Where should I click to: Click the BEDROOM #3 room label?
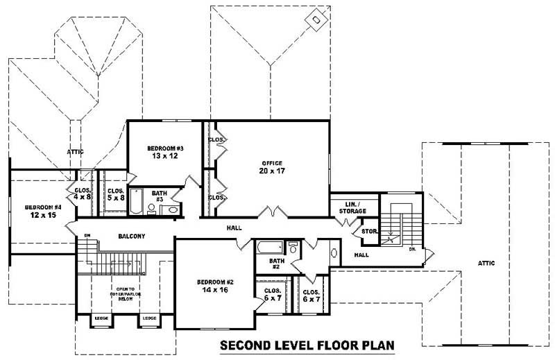coord(164,148)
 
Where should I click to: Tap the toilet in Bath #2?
coord(293,248)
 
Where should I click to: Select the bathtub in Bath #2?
coord(269,248)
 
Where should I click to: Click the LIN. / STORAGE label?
coord(352,207)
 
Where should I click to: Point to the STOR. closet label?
coord(368,232)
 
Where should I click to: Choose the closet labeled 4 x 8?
coord(83,194)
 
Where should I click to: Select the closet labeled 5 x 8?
coord(115,194)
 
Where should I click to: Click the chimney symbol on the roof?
coord(317,19)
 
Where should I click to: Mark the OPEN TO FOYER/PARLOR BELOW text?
coord(126,292)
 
